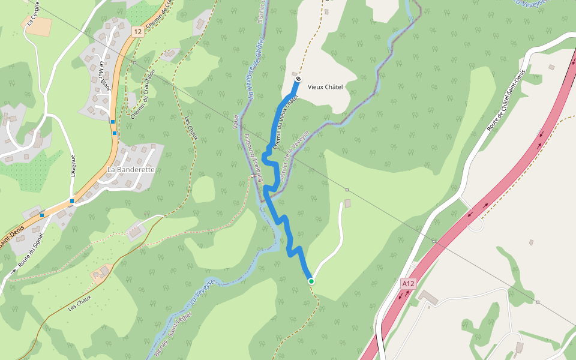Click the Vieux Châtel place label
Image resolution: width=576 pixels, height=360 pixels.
coord(325,87)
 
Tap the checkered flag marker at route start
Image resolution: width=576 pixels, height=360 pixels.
coord(298,79)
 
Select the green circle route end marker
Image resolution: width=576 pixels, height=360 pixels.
coord(311,281)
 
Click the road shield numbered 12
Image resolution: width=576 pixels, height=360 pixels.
coord(138,31)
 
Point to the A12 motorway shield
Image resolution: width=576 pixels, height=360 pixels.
coord(408,283)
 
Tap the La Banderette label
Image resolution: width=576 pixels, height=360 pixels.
coord(131,170)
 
